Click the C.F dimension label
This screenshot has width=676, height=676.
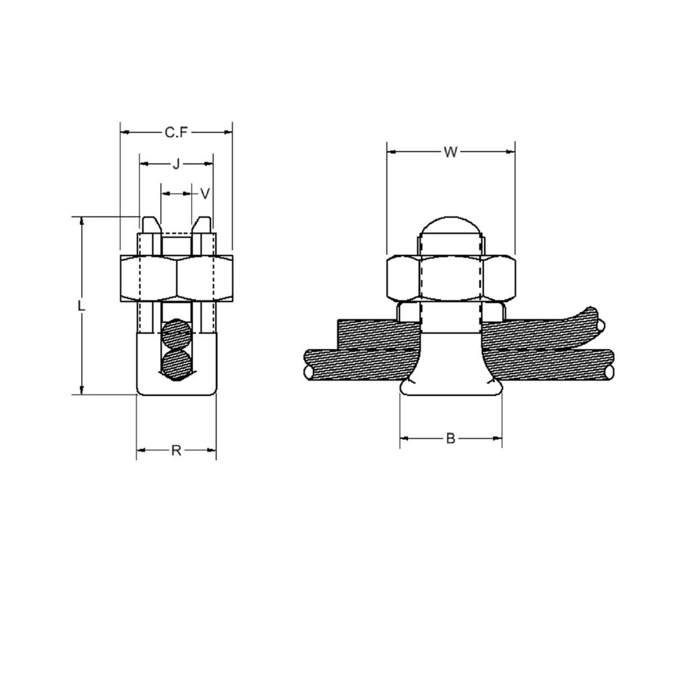coord(176,132)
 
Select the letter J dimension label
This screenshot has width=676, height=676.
coord(176,164)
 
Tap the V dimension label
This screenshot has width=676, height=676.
coord(206,194)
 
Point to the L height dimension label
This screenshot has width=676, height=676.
coord(81,306)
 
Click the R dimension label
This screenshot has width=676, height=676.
coord(176,450)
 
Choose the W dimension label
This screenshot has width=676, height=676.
coord(450,152)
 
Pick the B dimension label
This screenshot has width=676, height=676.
coord(450,438)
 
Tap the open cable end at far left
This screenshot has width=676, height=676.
coord(309,372)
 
